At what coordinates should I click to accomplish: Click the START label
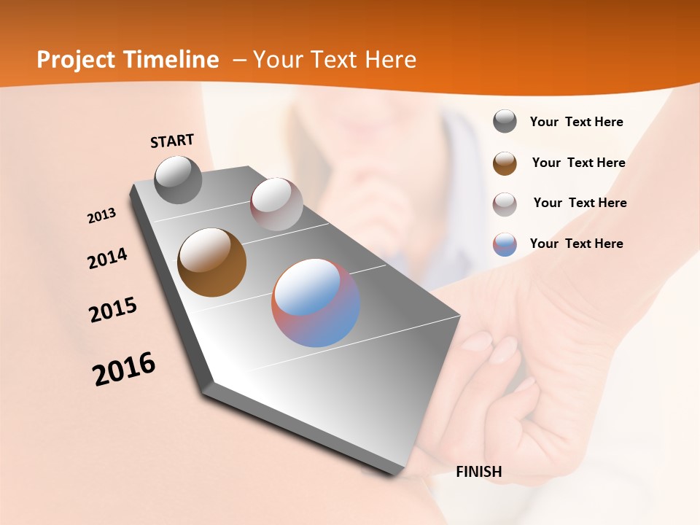[x=172, y=141]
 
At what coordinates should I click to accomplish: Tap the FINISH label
[x=478, y=472]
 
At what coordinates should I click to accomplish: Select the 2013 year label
[x=101, y=216]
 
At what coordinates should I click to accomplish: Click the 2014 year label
[x=107, y=259]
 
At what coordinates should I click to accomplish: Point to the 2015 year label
[x=113, y=309]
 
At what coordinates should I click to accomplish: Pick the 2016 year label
[x=124, y=369]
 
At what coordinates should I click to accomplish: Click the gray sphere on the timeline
[x=178, y=179]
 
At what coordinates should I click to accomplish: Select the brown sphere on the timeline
[x=211, y=262]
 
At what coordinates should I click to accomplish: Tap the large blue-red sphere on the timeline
[x=315, y=303]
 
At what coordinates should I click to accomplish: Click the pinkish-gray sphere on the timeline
[x=276, y=204]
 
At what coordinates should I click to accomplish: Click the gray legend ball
[x=505, y=122]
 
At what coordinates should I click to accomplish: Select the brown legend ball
[x=505, y=163]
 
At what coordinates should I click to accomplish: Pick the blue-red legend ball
[x=505, y=244]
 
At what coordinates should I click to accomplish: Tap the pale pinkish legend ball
[x=505, y=204]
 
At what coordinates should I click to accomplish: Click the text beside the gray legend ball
[x=576, y=122]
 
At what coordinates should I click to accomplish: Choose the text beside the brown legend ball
[x=578, y=163]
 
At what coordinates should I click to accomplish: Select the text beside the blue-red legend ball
[x=576, y=244]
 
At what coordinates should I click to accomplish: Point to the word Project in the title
[x=77, y=60]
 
